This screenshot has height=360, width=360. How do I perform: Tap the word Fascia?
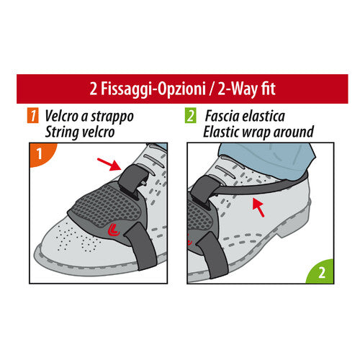(x=226, y=115)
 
